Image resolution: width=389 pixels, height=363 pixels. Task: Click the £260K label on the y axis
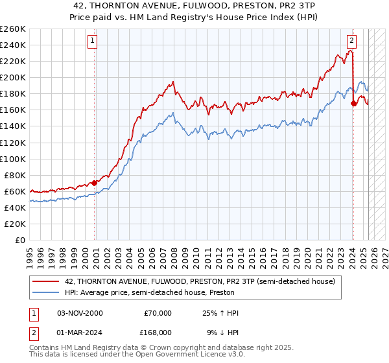point(12,29)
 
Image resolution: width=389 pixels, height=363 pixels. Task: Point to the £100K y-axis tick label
point(12,159)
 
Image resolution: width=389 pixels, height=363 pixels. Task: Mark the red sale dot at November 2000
point(95,182)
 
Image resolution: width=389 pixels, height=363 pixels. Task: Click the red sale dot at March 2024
point(353,102)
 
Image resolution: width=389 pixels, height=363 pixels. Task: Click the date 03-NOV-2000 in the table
point(80,313)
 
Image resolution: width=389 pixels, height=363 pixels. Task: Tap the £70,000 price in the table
point(158,313)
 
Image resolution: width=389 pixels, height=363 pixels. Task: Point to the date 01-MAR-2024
point(80,332)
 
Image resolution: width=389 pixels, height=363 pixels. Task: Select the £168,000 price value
point(158,332)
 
